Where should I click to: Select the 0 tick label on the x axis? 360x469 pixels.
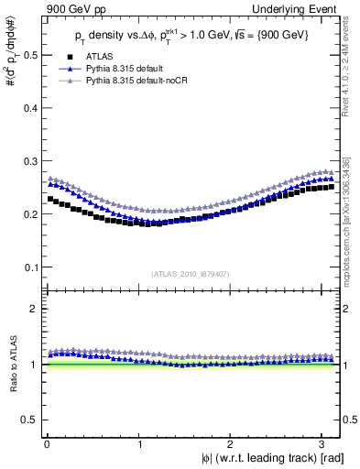[x=47, y=443]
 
